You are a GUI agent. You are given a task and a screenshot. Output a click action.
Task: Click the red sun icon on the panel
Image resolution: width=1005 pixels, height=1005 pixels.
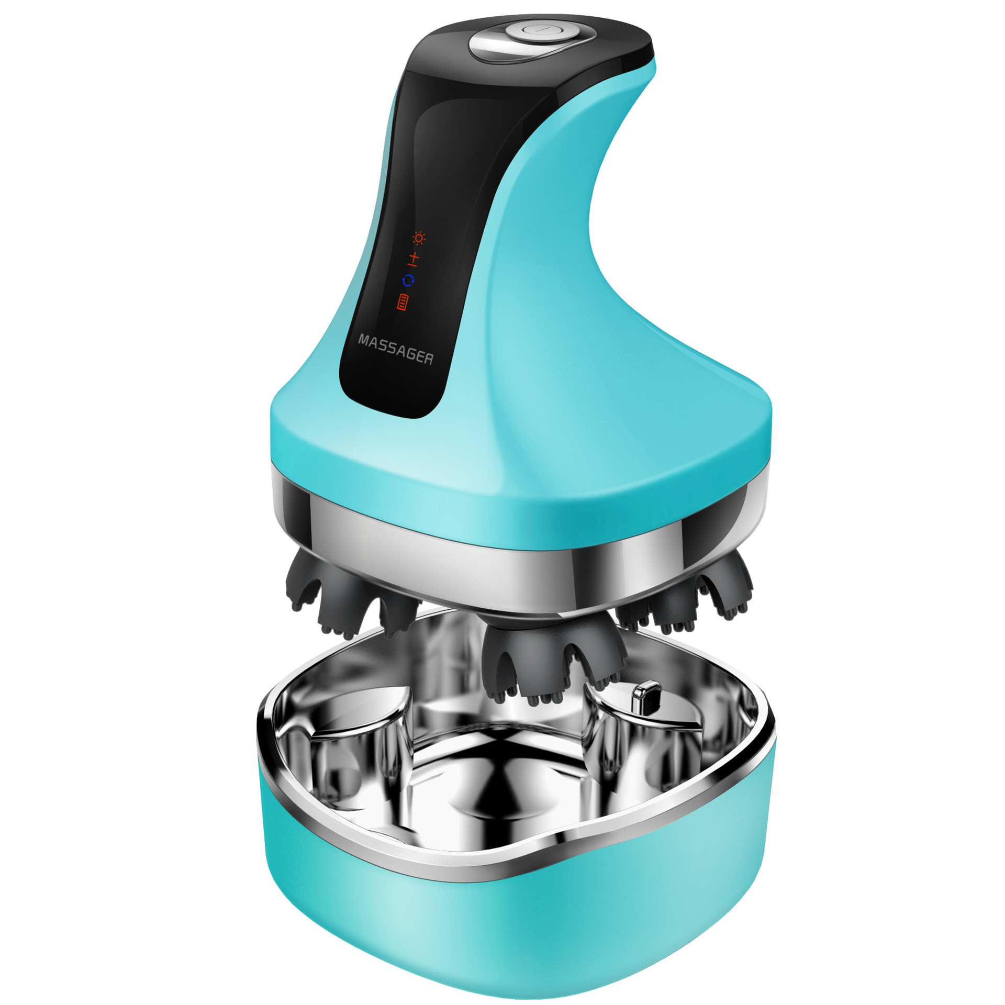click(418, 238)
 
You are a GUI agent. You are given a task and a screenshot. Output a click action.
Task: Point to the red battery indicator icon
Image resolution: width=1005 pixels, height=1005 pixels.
click(403, 303)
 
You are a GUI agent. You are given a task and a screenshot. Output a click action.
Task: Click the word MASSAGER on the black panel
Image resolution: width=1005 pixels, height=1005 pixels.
click(396, 349)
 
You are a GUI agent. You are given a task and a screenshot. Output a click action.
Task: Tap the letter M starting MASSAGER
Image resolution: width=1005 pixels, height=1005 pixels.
click(363, 340)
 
